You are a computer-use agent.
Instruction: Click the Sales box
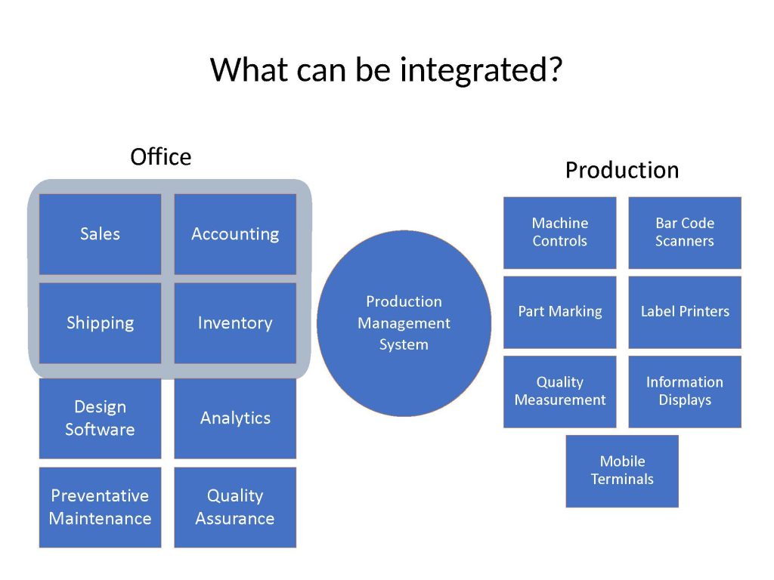click(x=101, y=234)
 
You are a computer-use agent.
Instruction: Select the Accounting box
click(x=236, y=234)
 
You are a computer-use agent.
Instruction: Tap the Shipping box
click(x=101, y=323)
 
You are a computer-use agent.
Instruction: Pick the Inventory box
click(x=236, y=323)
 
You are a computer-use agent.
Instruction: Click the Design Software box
click(x=101, y=418)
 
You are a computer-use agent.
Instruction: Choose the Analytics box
click(x=236, y=418)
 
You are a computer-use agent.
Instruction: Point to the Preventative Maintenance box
click(x=101, y=507)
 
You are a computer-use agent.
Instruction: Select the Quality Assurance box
click(x=236, y=507)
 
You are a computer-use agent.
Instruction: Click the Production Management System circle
click(x=404, y=323)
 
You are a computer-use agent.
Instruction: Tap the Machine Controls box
click(x=560, y=233)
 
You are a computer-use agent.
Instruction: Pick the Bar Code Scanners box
click(x=685, y=233)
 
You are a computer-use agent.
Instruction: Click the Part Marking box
click(x=560, y=312)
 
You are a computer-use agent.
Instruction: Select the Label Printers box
click(x=685, y=312)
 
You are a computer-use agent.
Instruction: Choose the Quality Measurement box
click(x=560, y=392)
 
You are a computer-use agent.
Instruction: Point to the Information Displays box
click(x=685, y=392)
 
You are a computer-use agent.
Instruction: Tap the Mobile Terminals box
click(x=622, y=471)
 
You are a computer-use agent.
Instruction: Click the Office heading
click(x=160, y=157)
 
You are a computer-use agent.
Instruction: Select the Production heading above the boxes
click(x=622, y=170)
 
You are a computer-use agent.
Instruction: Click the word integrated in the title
click(x=481, y=70)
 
